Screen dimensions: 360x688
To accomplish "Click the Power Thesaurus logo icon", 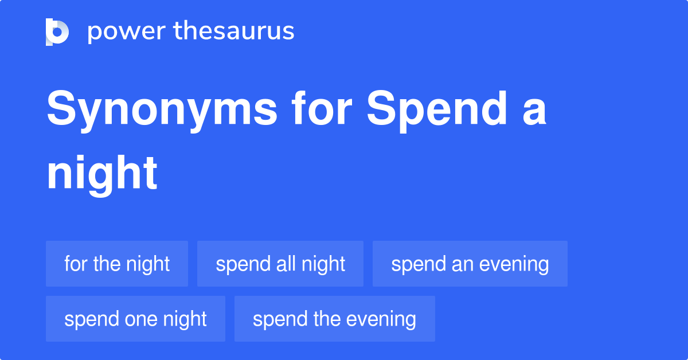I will [x=57, y=32].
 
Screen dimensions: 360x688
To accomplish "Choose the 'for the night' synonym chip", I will [x=117, y=264].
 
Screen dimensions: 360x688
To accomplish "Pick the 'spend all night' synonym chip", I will [x=280, y=264].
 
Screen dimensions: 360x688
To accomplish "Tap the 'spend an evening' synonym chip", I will [x=470, y=264].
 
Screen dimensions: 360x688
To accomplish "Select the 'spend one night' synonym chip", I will [x=135, y=319].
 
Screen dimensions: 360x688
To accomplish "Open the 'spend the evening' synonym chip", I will [x=335, y=319].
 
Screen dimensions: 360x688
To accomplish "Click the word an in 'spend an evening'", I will [x=450, y=264].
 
